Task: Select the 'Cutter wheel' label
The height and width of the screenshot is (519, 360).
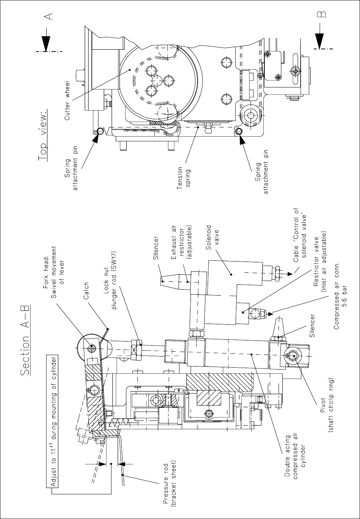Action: [x=67, y=101]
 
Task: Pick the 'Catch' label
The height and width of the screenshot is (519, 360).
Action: [x=86, y=291]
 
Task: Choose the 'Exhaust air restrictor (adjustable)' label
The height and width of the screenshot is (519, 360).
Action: [x=181, y=242]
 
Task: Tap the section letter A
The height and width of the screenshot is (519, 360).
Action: [x=49, y=16]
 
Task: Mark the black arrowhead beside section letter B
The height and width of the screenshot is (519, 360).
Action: [x=320, y=41]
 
